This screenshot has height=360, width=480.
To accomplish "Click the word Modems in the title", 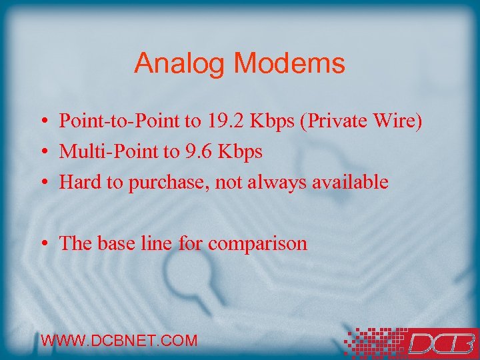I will click(x=289, y=64).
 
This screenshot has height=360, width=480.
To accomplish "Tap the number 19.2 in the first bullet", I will click(x=227, y=121).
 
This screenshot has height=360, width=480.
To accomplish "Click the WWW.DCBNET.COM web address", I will click(x=119, y=341).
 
